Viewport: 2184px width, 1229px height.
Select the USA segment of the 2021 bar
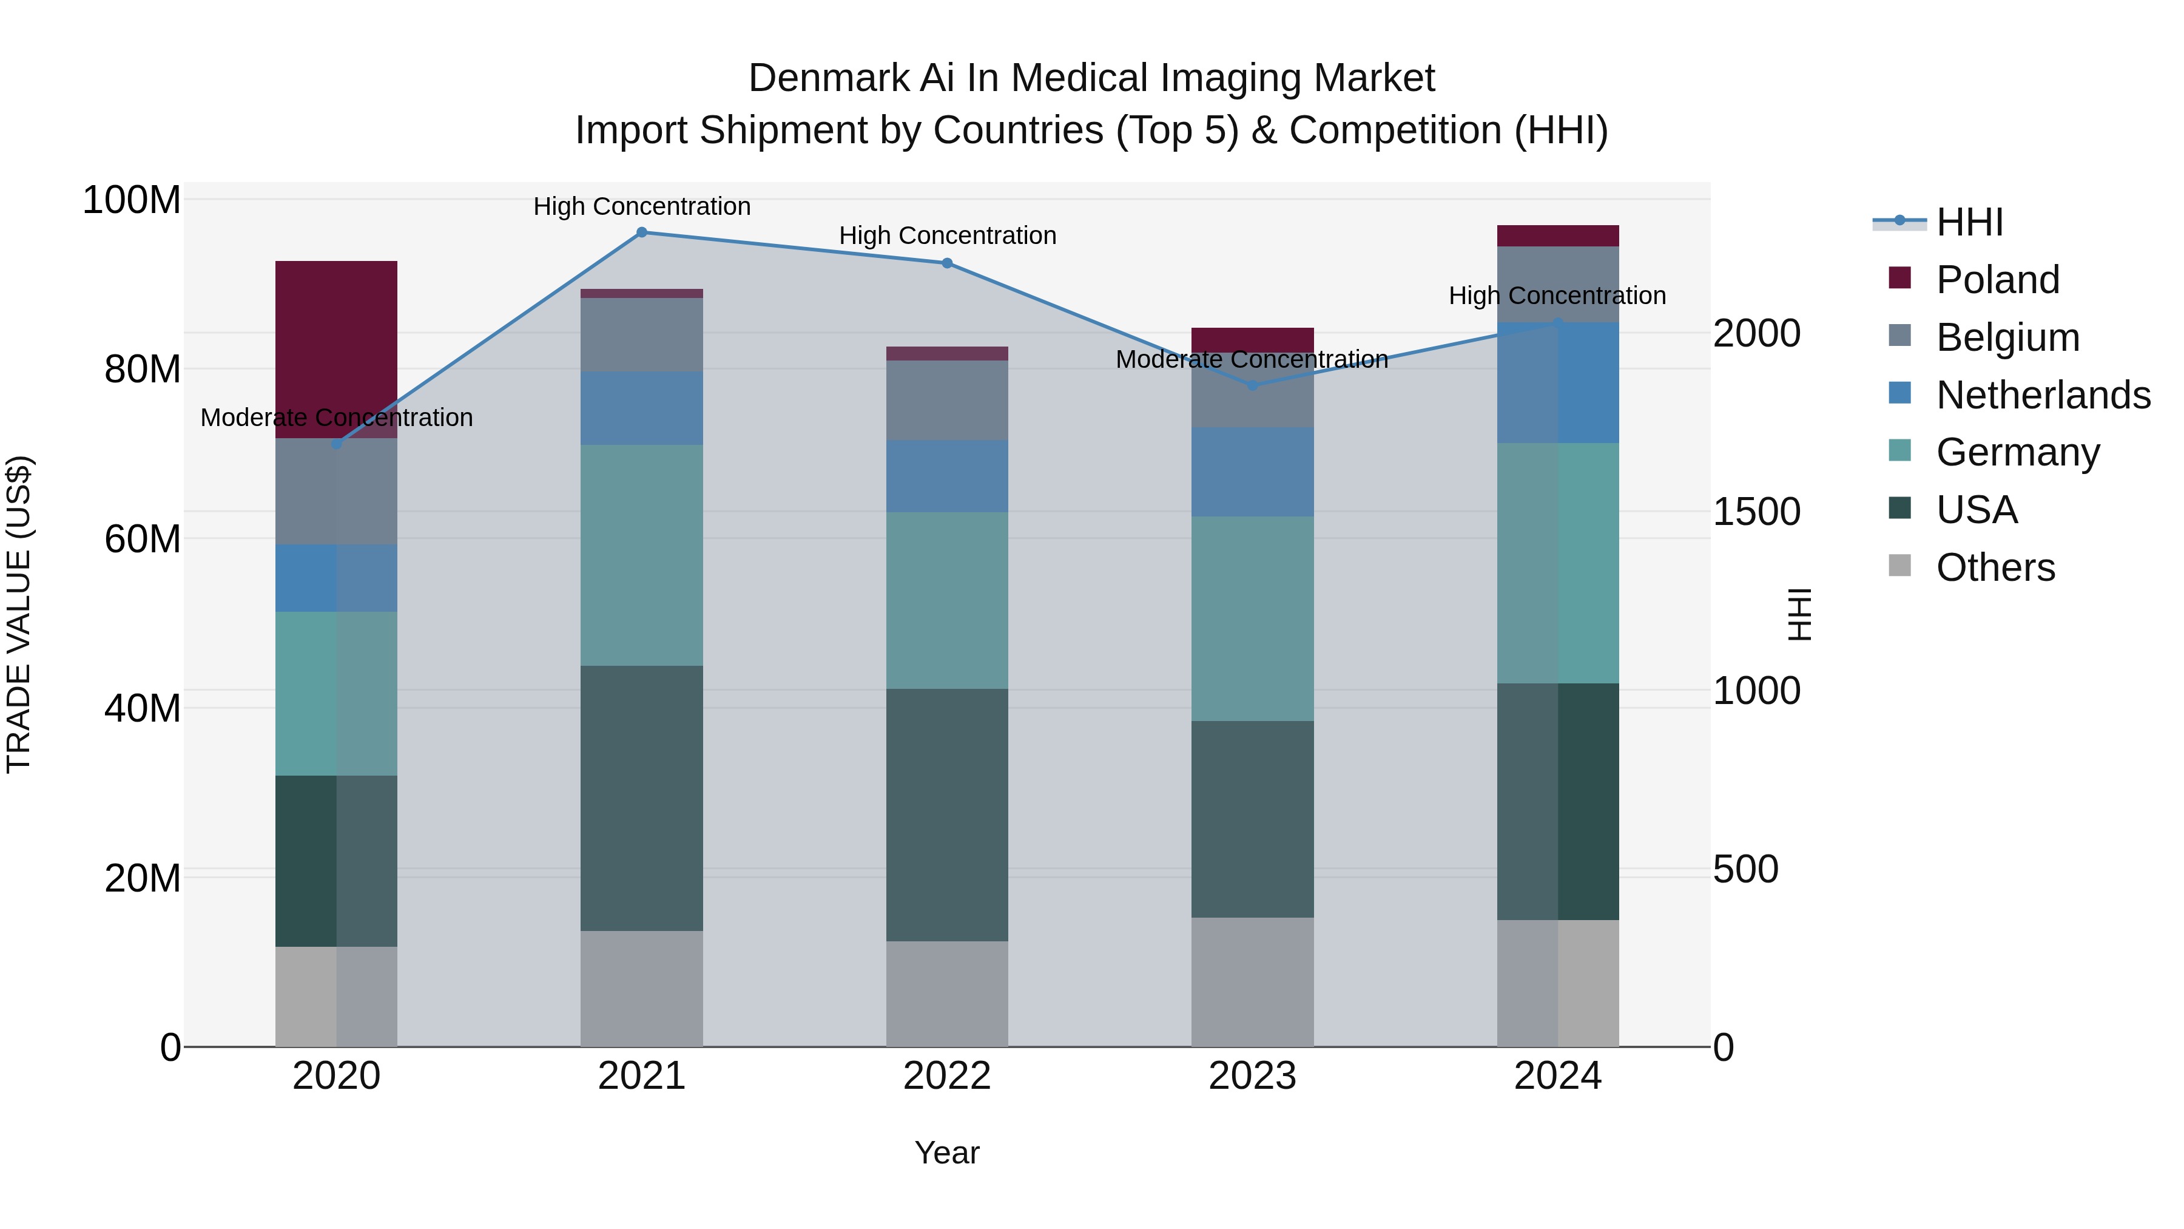pyautogui.click(x=641, y=797)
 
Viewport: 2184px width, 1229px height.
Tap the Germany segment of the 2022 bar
pyautogui.click(x=946, y=600)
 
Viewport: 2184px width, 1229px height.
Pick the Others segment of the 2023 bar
pyautogui.click(x=1252, y=981)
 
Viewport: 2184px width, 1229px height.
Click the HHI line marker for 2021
pyautogui.click(x=641, y=232)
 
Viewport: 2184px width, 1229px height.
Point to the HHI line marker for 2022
pyautogui.click(x=946, y=263)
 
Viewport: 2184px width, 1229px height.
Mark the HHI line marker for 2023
pyautogui.click(x=1252, y=385)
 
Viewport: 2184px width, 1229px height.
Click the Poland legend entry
pyautogui.click(x=1997, y=280)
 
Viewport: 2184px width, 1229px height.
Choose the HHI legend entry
pyautogui.click(x=1969, y=222)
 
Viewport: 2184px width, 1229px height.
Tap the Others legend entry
pyautogui.click(x=1995, y=567)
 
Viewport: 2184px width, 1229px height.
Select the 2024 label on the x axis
pyautogui.click(x=1557, y=1076)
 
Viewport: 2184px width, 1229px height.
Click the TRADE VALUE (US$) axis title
pyautogui.click(x=19, y=614)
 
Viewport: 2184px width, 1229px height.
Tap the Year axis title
pyautogui.click(x=946, y=1153)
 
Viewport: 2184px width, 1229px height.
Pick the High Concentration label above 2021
pyautogui.click(x=641, y=206)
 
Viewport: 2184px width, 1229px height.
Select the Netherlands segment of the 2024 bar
pyautogui.click(x=1557, y=382)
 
